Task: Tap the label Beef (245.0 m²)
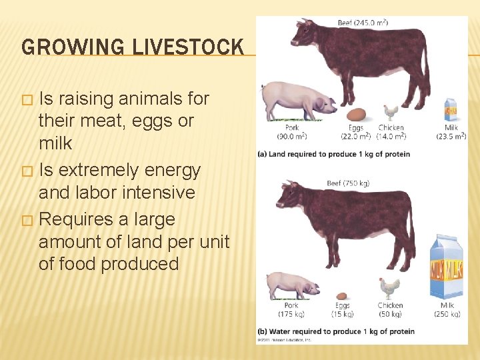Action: pyautogui.click(x=363, y=23)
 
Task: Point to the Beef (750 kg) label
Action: pyautogui.click(x=347, y=183)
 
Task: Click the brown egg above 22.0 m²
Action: pyautogui.click(x=357, y=114)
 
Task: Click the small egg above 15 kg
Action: pyautogui.click(x=343, y=295)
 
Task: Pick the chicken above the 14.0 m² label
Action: pyautogui.click(x=390, y=112)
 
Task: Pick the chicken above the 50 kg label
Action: pyautogui.click(x=389, y=288)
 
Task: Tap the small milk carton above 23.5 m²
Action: pyautogui.click(x=451, y=109)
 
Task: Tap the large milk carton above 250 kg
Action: pyautogui.click(x=447, y=268)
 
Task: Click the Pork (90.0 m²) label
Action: pyautogui.click(x=292, y=132)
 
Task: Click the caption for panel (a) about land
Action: pyautogui.click(x=334, y=154)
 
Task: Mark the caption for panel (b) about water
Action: pyautogui.click(x=336, y=331)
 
